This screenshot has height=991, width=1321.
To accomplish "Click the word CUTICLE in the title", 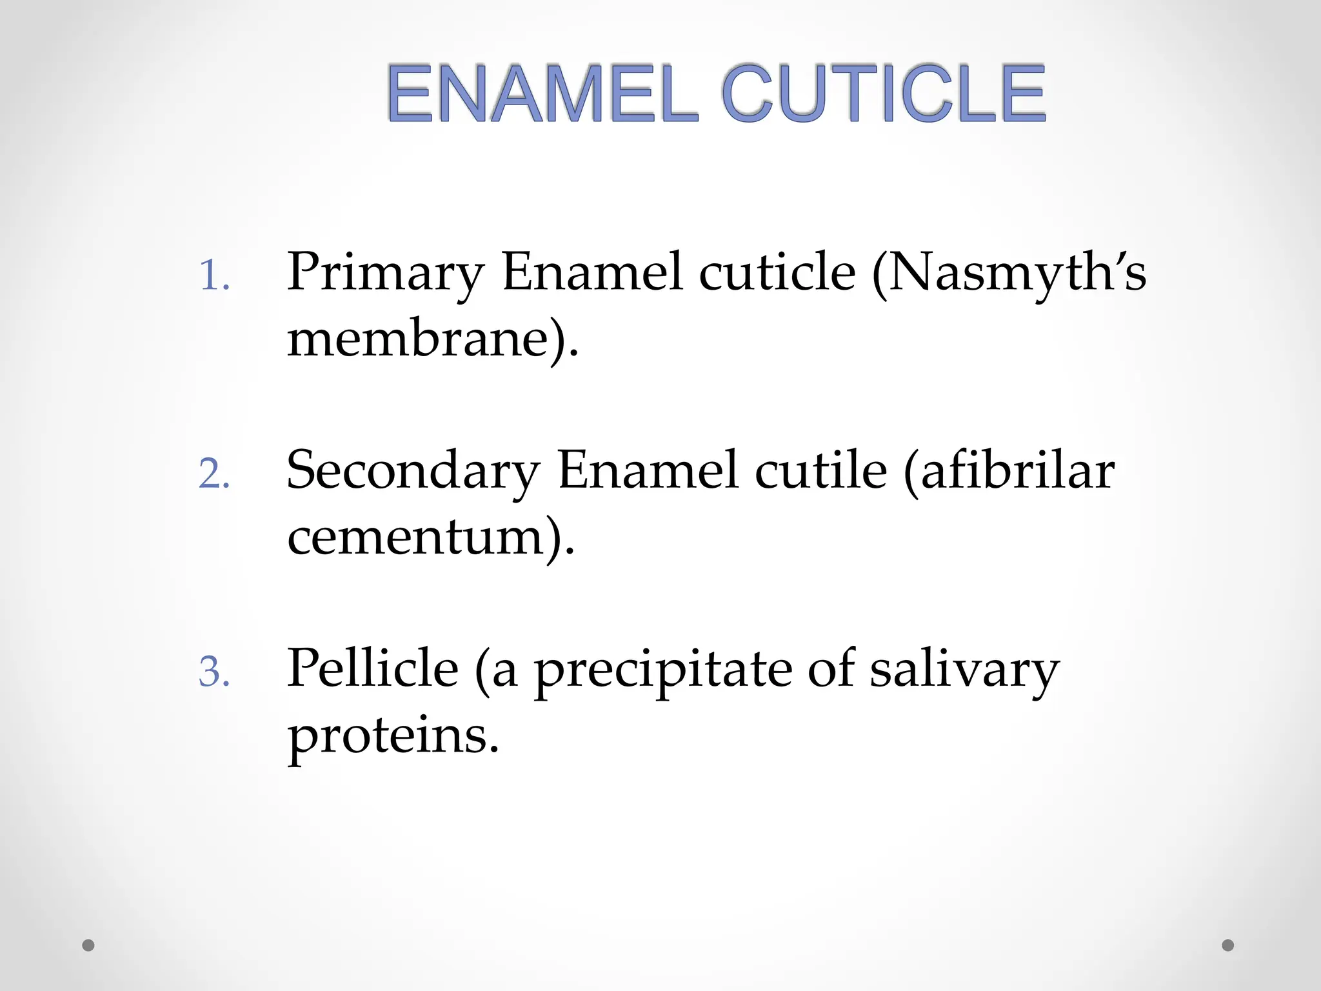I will pyautogui.click(x=884, y=94).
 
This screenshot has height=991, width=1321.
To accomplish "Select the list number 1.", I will pyautogui.click(x=214, y=277).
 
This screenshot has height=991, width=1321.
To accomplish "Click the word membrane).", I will pyautogui.click(x=433, y=340).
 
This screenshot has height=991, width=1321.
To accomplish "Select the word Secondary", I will pyautogui.click(x=413, y=472).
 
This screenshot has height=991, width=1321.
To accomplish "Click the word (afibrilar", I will pyautogui.click(x=1009, y=472).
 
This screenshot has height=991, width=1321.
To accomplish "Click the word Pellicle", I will pyautogui.click(x=373, y=670).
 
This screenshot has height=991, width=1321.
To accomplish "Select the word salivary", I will pyautogui.click(x=964, y=671).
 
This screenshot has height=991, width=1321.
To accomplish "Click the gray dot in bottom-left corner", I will pyautogui.click(x=88, y=945).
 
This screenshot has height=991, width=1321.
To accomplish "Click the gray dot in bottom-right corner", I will pyautogui.click(x=1228, y=945).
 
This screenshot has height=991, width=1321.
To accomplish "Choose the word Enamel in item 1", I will pyautogui.click(x=591, y=273).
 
